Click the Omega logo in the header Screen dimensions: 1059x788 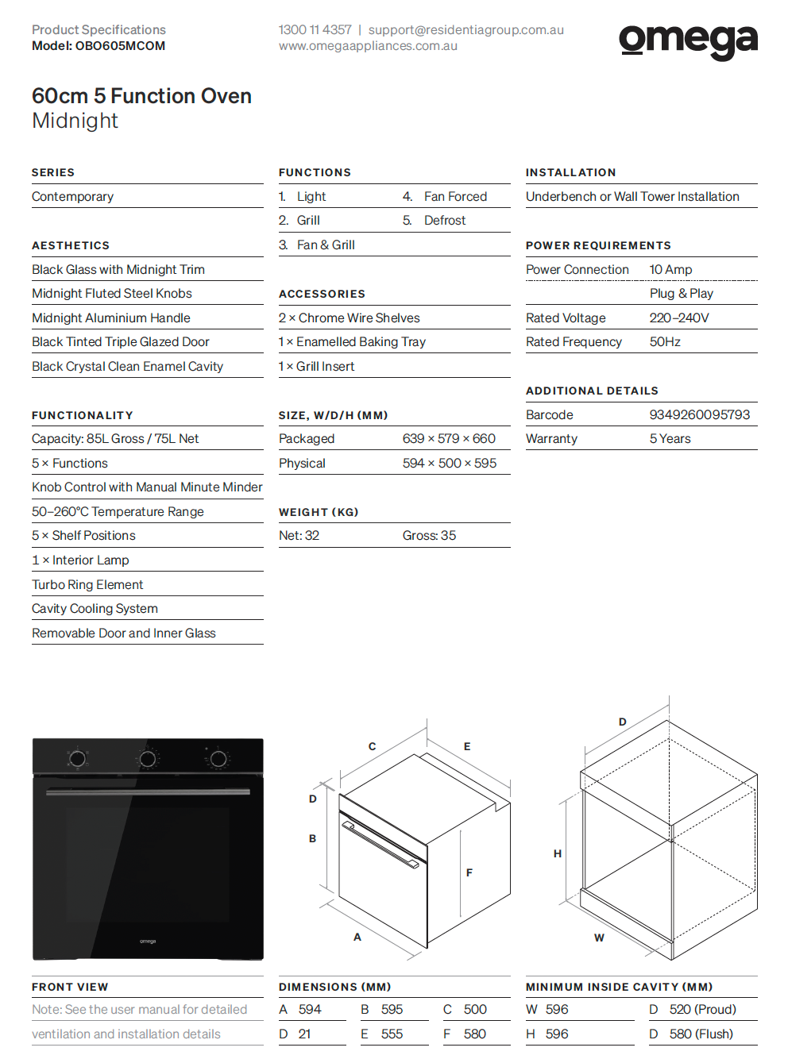(x=688, y=40)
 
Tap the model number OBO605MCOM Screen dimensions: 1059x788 (x=120, y=46)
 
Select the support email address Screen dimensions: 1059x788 (x=465, y=30)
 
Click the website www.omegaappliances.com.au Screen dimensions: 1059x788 (x=368, y=46)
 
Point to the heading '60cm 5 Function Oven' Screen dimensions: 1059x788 (x=141, y=96)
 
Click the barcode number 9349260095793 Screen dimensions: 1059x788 (x=699, y=414)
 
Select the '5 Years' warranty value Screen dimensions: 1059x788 (x=670, y=438)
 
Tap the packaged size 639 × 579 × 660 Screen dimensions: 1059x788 (x=449, y=438)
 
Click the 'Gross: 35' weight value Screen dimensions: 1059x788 (x=429, y=535)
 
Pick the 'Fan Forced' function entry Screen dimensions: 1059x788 (x=455, y=196)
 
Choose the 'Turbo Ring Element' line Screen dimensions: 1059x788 (x=87, y=584)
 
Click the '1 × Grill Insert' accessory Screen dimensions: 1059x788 (x=316, y=366)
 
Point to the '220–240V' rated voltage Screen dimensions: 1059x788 (x=678, y=318)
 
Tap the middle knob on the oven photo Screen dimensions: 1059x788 (x=148, y=759)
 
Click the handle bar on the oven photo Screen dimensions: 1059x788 (x=148, y=791)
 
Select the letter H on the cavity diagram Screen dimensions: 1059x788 (x=558, y=853)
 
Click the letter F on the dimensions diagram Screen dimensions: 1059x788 (x=469, y=872)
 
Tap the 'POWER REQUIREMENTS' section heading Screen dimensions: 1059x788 (x=598, y=245)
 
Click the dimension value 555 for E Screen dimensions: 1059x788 (x=392, y=1034)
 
